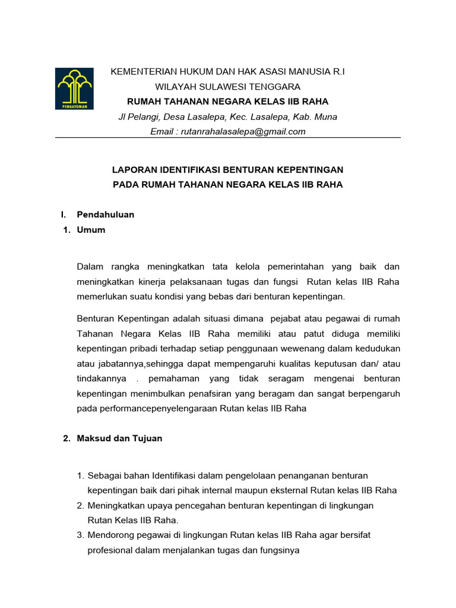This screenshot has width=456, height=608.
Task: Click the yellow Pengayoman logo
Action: tap(74, 88)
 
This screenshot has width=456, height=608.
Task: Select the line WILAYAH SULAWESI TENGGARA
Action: tap(228, 86)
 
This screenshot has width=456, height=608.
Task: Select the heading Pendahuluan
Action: tap(106, 214)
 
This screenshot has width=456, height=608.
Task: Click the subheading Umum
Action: tap(91, 229)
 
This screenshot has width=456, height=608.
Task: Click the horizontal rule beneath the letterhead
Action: tap(228, 138)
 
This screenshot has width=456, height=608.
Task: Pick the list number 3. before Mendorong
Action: tap(81, 535)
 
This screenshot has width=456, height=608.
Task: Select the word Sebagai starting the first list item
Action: tap(104, 476)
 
